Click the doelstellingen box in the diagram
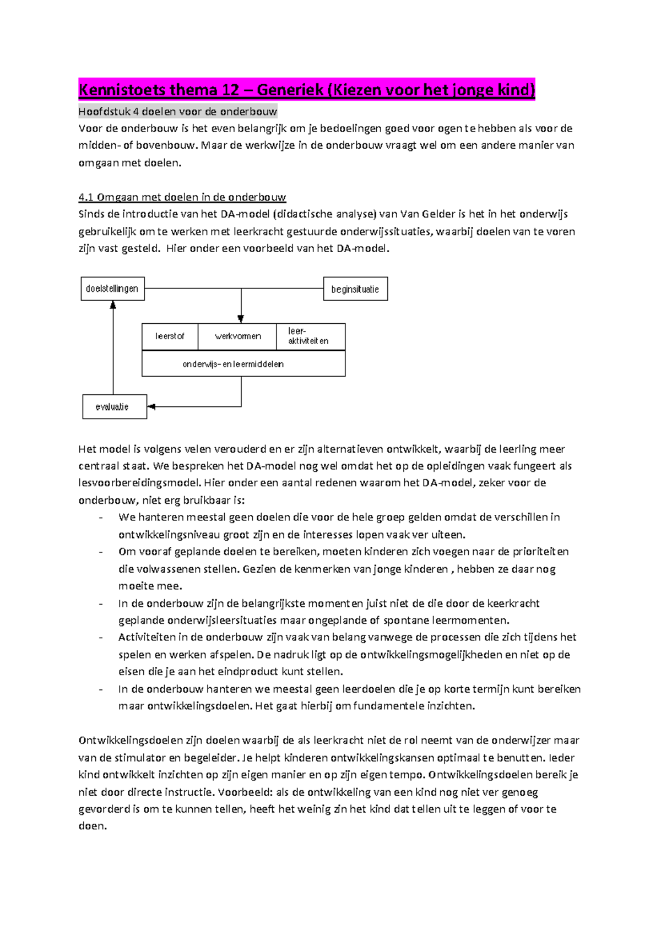pyautogui.click(x=112, y=289)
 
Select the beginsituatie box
pyautogui.click(x=355, y=289)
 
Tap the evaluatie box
pyautogui.click(x=115, y=407)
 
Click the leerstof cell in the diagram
pyautogui.click(x=170, y=336)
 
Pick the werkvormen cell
pyautogui.click(x=237, y=336)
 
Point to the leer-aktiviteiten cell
pyautogui.click(x=310, y=336)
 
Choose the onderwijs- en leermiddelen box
pyautogui.click(x=243, y=364)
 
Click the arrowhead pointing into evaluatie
pyautogui.click(x=151, y=407)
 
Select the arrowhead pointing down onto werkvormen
pyautogui.click(x=241, y=319)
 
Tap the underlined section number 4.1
pyautogui.click(x=86, y=197)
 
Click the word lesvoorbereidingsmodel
pyautogui.click(x=139, y=483)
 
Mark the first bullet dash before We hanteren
pyautogui.click(x=100, y=518)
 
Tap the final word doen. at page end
pyautogui.click(x=92, y=827)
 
